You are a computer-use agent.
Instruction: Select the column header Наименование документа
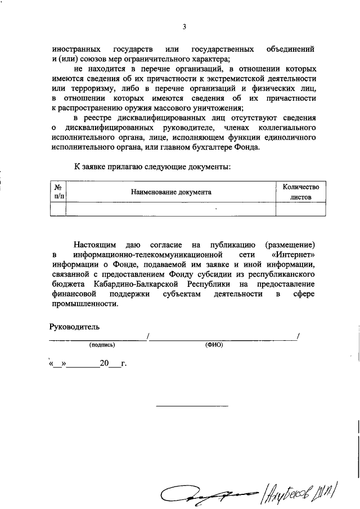coord(171,192)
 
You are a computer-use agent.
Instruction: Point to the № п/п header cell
coord(58,192)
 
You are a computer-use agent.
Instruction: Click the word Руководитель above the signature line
coord(75,326)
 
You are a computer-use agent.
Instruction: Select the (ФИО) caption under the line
coord(214,345)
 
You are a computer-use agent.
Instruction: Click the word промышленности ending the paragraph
coord(84,304)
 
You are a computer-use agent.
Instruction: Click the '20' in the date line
coord(103,363)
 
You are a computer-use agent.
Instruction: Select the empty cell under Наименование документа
coord(171,209)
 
